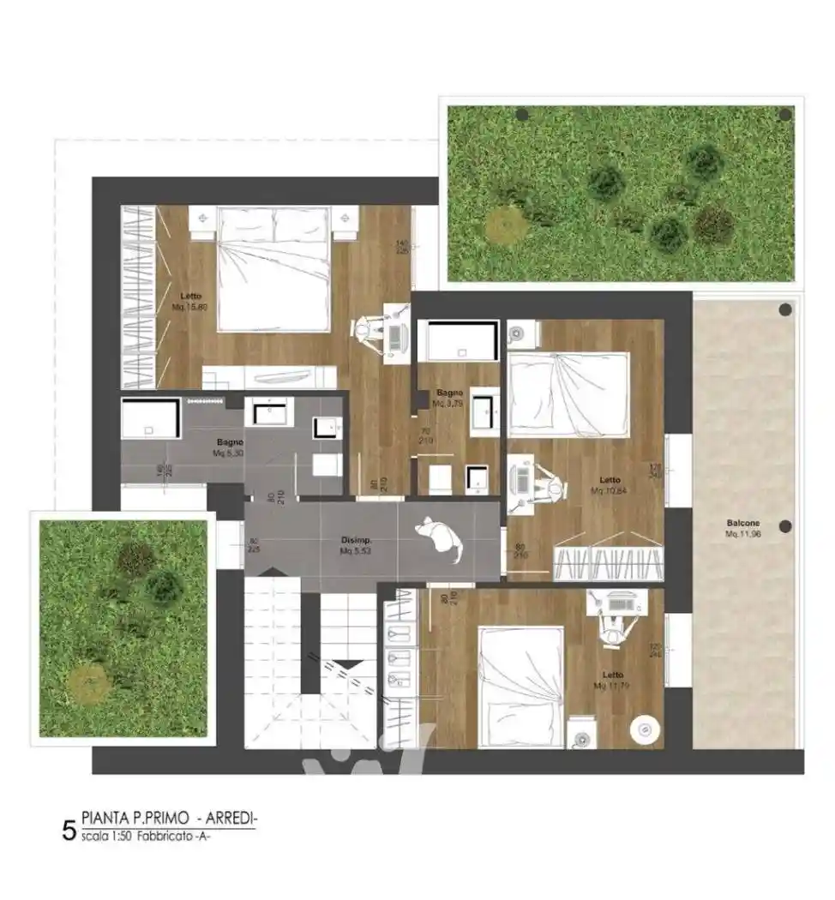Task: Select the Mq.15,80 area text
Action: pyautogui.click(x=189, y=306)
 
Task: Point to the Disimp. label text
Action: pyautogui.click(x=356, y=541)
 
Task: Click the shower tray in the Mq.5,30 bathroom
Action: pyautogui.click(x=149, y=419)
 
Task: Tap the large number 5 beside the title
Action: pyautogui.click(x=69, y=830)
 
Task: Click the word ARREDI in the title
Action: pyautogui.click(x=231, y=817)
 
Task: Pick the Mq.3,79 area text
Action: pyautogui.click(x=448, y=403)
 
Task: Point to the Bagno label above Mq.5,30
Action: pyautogui.click(x=230, y=442)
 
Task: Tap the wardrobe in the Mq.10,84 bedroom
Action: pyautogui.click(x=609, y=563)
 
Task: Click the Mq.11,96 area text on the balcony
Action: pyautogui.click(x=742, y=533)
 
